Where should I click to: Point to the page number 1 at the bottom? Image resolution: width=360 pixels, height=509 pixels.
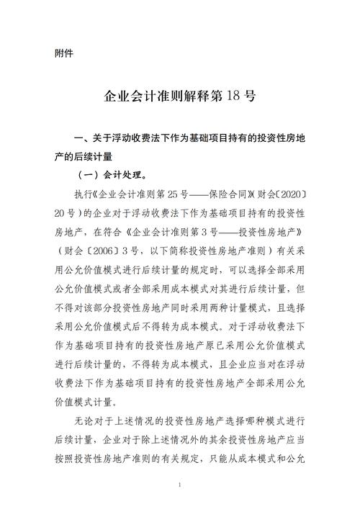pos(179,485)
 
